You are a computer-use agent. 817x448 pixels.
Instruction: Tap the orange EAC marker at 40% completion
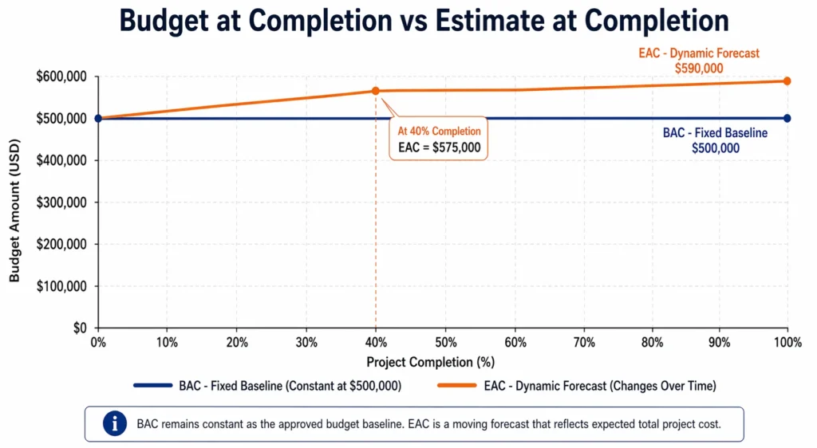click(x=376, y=91)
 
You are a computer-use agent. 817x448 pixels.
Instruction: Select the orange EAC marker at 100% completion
click(x=787, y=81)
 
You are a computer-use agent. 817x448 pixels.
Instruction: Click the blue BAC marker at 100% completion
click(x=787, y=118)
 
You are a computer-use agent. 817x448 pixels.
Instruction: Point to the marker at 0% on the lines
click(x=98, y=118)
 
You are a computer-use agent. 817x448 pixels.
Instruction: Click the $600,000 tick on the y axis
click(x=66, y=77)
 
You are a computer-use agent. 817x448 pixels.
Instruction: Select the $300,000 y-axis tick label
click(x=66, y=202)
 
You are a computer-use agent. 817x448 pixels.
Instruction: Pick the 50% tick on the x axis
click(x=444, y=342)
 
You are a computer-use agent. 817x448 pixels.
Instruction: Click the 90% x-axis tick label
click(x=719, y=342)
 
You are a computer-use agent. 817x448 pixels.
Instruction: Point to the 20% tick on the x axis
click(x=236, y=342)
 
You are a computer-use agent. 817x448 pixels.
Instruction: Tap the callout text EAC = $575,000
click(x=439, y=147)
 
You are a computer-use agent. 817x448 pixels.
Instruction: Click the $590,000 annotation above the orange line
click(x=698, y=69)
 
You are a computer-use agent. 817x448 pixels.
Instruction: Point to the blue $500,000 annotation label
click(x=715, y=147)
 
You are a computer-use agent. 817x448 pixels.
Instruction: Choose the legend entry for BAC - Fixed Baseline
click(x=267, y=386)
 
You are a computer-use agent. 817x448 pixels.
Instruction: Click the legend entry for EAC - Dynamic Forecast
click(x=574, y=386)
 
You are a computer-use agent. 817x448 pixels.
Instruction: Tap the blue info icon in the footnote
click(x=115, y=424)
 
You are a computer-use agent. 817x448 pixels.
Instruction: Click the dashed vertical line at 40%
click(x=376, y=239)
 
